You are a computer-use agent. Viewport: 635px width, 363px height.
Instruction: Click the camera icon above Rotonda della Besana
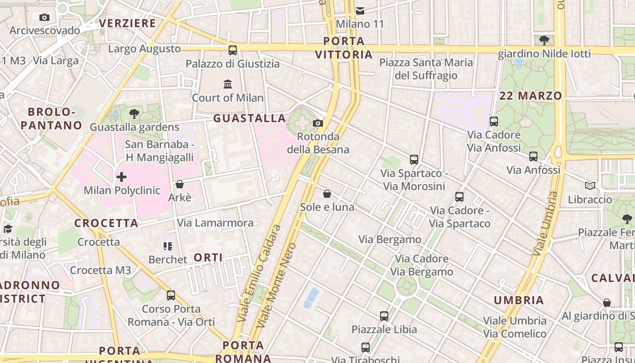(318, 123)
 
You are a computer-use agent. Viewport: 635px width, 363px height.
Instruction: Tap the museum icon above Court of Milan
(228, 84)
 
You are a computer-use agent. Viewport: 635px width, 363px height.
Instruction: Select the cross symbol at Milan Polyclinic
(122, 177)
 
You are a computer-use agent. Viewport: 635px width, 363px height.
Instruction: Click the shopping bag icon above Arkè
(180, 184)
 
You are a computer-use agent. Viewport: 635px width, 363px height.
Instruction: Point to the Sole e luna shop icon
(327, 194)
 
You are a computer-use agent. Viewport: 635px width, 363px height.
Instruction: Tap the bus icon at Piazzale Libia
(384, 316)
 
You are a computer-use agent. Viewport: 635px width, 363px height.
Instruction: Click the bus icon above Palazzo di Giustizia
(233, 50)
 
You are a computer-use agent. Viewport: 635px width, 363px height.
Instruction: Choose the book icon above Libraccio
(590, 186)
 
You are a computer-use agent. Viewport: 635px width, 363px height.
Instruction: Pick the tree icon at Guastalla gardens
(134, 113)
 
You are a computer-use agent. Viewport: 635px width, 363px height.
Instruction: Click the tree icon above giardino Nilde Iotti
(544, 40)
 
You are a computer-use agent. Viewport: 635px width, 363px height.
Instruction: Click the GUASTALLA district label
(249, 118)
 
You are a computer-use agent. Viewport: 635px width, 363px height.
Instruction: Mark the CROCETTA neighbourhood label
(106, 223)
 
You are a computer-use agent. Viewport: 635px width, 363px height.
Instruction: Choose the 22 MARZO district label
(530, 96)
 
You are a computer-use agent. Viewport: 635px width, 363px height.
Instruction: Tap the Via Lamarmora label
(215, 223)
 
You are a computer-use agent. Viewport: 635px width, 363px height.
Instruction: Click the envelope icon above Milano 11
(360, 10)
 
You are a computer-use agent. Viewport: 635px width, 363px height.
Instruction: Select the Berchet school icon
(168, 246)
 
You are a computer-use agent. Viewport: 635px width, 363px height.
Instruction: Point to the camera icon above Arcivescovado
(44, 17)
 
